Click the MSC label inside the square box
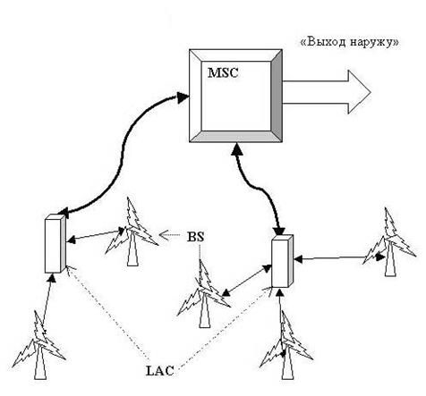(x=223, y=73)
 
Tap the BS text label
(x=196, y=237)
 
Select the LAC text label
(x=160, y=371)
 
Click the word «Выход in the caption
(x=323, y=42)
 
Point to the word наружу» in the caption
(x=374, y=43)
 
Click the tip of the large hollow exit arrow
(x=371, y=92)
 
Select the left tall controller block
(x=55, y=244)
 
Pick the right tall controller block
(x=283, y=261)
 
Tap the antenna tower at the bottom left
(x=39, y=345)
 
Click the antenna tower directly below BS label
(x=204, y=294)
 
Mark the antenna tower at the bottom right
(x=285, y=345)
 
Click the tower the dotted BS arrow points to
(x=132, y=232)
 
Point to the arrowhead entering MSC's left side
(x=183, y=97)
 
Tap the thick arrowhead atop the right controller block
(x=279, y=231)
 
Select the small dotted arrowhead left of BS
(x=163, y=235)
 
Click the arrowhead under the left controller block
(x=52, y=278)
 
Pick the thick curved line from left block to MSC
(x=122, y=155)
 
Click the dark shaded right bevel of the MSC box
(x=277, y=96)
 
